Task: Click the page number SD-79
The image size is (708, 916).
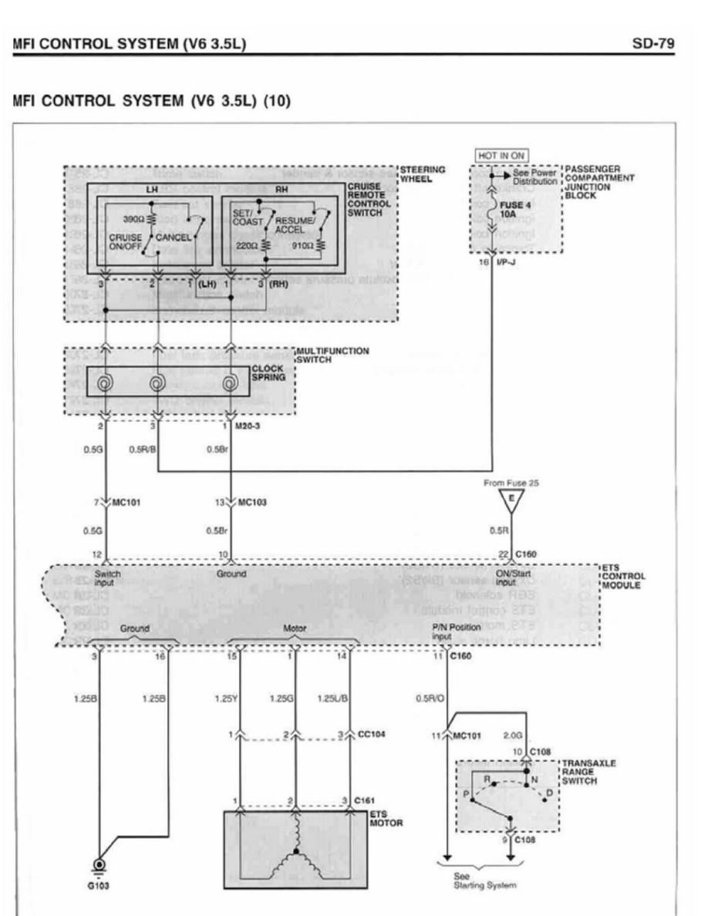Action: coord(658,45)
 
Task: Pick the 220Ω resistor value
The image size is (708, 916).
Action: coord(248,245)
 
